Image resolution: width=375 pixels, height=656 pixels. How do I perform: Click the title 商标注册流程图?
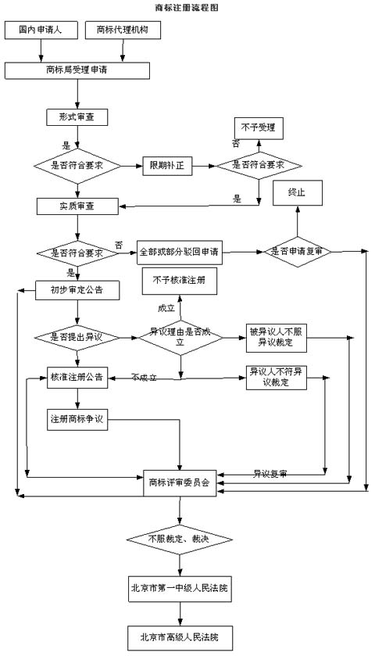[187, 7]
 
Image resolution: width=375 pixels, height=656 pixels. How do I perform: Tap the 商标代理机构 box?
[123, 30]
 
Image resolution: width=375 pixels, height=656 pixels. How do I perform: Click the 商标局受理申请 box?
[77, 70]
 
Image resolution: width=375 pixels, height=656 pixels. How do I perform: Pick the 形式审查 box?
[77, 117]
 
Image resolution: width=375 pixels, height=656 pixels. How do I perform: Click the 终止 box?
[297, 192]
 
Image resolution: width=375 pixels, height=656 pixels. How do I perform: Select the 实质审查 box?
[77, 206]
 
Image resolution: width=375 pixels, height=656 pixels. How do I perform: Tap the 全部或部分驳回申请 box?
[179, 252]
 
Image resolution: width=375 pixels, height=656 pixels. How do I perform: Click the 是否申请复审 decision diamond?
[301, 252]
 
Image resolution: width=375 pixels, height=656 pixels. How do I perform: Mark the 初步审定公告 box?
[77, 290]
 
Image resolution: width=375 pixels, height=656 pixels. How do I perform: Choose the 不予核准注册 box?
[180, 280]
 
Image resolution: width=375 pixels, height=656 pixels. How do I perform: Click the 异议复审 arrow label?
[270, 474]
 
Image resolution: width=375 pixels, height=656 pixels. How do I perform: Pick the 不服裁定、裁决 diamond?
[180, 539]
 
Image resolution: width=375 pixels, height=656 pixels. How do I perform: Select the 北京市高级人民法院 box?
[180, 637]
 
